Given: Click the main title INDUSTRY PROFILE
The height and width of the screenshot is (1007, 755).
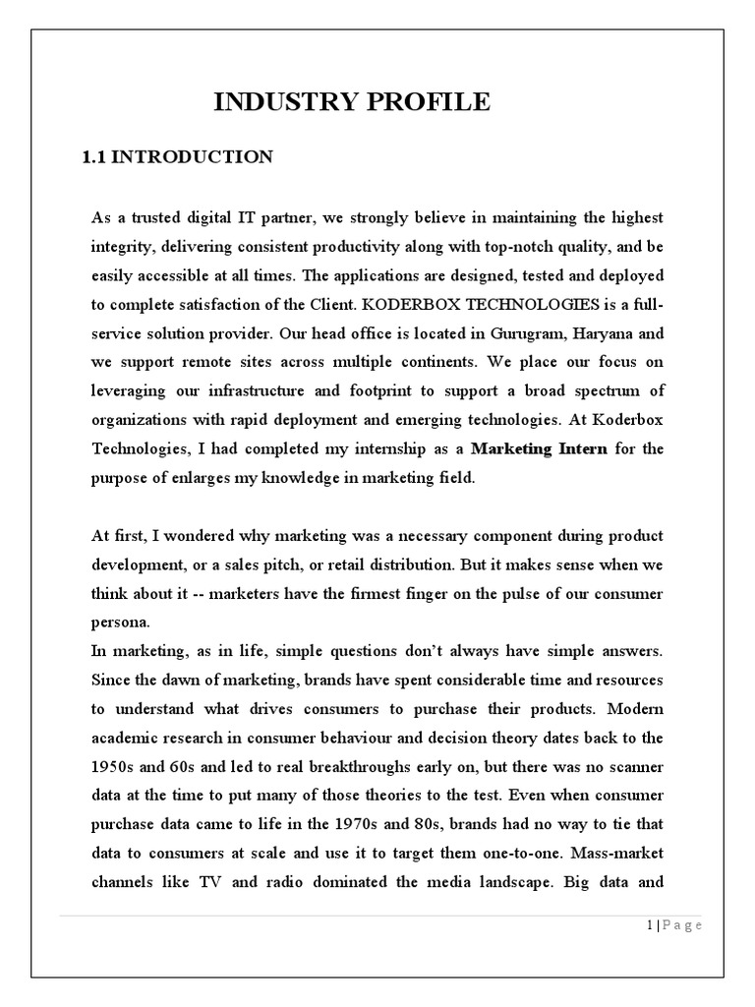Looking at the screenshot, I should [x=352, y=102].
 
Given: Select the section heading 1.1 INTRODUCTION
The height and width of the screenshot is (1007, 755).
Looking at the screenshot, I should [x=177, y=157].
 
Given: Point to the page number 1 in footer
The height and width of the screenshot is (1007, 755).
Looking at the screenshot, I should [x=650, y=925].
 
